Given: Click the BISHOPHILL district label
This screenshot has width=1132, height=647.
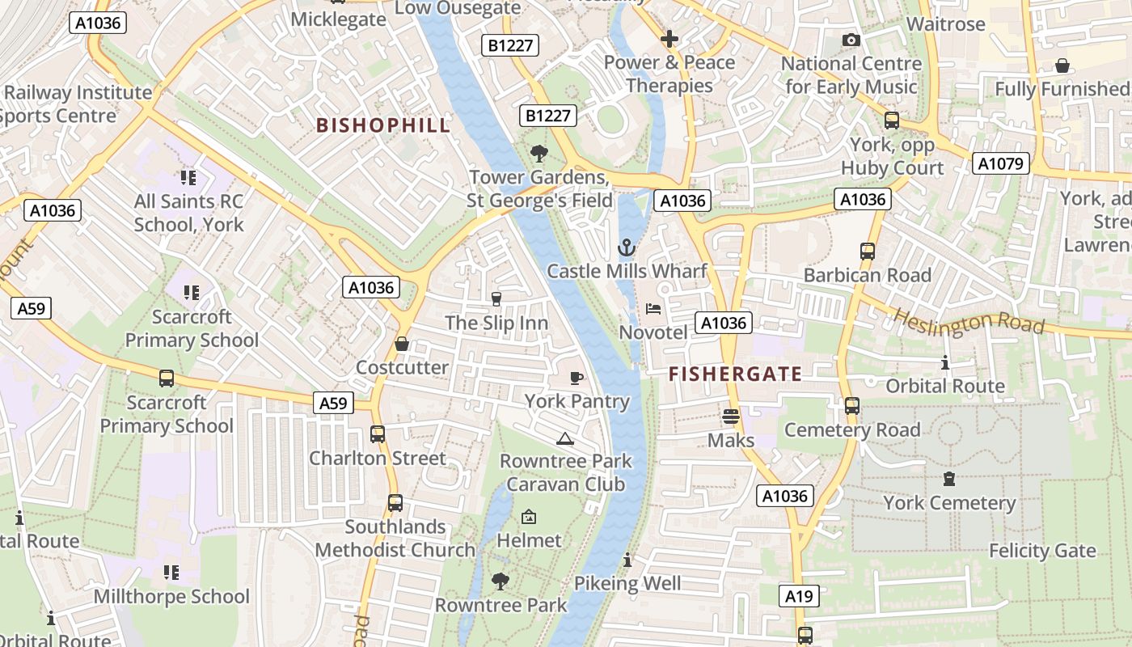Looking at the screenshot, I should click(383, 125).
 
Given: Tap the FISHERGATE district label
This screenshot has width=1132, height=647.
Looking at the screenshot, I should click(735, 374).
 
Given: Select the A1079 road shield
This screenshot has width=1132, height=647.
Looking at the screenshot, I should click(1000, 164).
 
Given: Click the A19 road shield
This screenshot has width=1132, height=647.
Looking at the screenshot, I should click(799, 597).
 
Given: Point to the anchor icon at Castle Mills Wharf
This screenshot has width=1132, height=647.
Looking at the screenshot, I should click(627, 247).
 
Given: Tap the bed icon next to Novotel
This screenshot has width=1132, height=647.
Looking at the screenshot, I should click(653, 309).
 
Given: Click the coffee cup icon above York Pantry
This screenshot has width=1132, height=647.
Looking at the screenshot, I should click(577, 378).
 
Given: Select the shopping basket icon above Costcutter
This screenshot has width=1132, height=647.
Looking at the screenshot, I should click(402, 344).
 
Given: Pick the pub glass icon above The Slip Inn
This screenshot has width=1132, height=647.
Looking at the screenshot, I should click(496, 299).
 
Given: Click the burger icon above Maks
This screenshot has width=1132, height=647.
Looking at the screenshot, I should click(731, 417).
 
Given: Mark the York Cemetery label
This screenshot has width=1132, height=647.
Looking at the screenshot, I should click(949, 503).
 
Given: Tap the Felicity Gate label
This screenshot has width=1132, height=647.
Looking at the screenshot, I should click(1042, 551).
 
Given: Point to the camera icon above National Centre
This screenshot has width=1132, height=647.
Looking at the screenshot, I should click(851, 40).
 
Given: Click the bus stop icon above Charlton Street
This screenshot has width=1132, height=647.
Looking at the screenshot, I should click(378, 434).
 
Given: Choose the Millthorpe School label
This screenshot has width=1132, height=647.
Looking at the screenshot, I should click(171, 597).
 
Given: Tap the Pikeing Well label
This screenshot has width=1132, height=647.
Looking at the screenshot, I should click(627, 583).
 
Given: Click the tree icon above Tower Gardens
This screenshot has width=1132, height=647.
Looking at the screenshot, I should click(538, 153).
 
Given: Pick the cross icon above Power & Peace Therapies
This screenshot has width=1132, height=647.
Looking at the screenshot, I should click(669, 38).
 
